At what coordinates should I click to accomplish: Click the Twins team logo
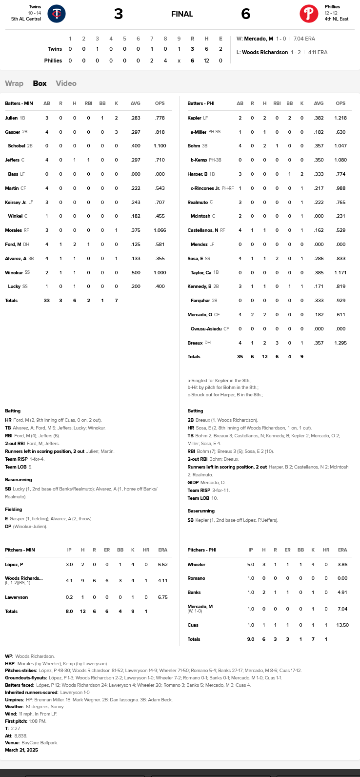(57, 14)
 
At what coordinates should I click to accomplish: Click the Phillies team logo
(309, 14)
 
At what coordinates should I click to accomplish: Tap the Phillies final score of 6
(245, 14)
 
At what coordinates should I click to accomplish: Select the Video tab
(66, 83)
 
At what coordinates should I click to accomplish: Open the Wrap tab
(14, 83)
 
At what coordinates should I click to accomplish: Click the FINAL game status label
(182, 14)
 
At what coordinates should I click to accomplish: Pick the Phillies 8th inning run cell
(165, 61)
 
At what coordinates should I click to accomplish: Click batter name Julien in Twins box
(11, 118)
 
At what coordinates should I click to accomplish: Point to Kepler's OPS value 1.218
(340, 118)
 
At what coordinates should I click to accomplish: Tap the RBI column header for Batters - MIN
(88, 103)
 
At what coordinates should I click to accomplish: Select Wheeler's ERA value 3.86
(342, 565)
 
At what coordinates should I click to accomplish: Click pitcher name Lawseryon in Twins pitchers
(17, 597)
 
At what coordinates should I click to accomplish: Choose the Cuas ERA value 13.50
(342, 625)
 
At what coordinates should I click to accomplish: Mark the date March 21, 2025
(21, 750)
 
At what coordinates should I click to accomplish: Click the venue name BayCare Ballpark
(40, 743)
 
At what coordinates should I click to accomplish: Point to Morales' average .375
(135, 230)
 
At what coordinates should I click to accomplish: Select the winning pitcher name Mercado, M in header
(259, 39)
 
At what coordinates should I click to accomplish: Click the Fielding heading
(13, 510)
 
